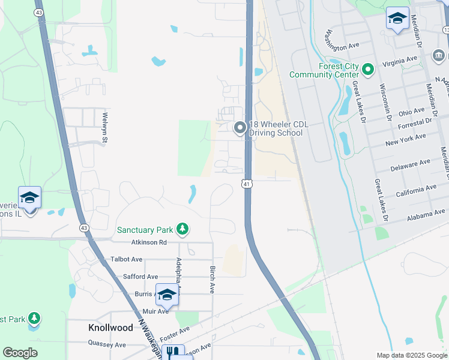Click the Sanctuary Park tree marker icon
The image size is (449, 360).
[x=182, y=229]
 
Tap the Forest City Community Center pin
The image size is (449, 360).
[x=368, y=70]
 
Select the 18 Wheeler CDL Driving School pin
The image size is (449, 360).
[x=240, y=127]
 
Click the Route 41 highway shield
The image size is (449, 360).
[x=247, y=184]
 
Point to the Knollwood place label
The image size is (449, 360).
[x=110, y=328]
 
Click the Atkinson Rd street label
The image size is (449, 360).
[x=149, y=242]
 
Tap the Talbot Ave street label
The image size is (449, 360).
[x=126, y=259]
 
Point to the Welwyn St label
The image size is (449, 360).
[x=104, y=128]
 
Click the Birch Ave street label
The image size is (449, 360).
[x=212, y=280]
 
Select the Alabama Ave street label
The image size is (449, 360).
[x=426, y=215]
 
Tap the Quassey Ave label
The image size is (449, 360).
[x=107, y=345]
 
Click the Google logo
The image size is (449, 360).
[x=20, y=353]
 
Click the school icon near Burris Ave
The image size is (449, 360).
[x=167, y=294]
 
